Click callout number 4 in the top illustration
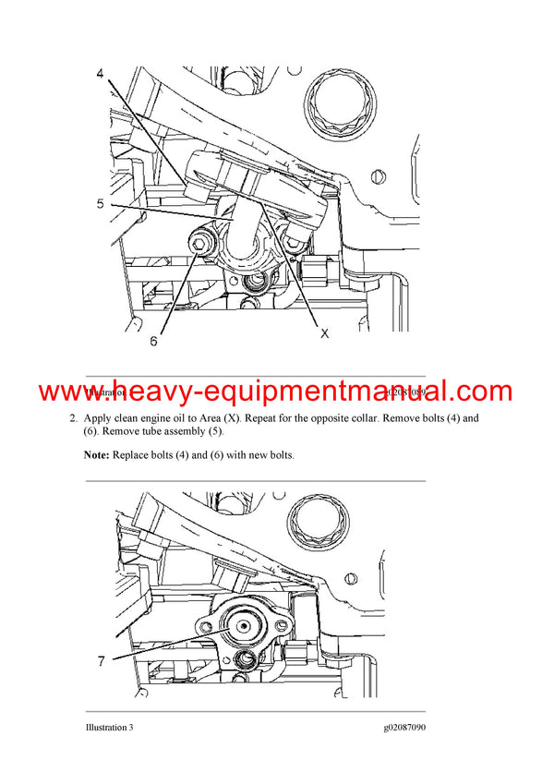click(100, 73)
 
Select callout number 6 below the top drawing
click(153, 340)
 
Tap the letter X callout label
click(324, 334)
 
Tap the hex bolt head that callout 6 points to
click(199, 243)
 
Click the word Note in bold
click(96, 455)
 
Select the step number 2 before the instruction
click(72, 418)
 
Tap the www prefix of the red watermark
click(71, 391)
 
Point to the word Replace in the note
click(132, 455)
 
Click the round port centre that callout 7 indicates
click(243, 625)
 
